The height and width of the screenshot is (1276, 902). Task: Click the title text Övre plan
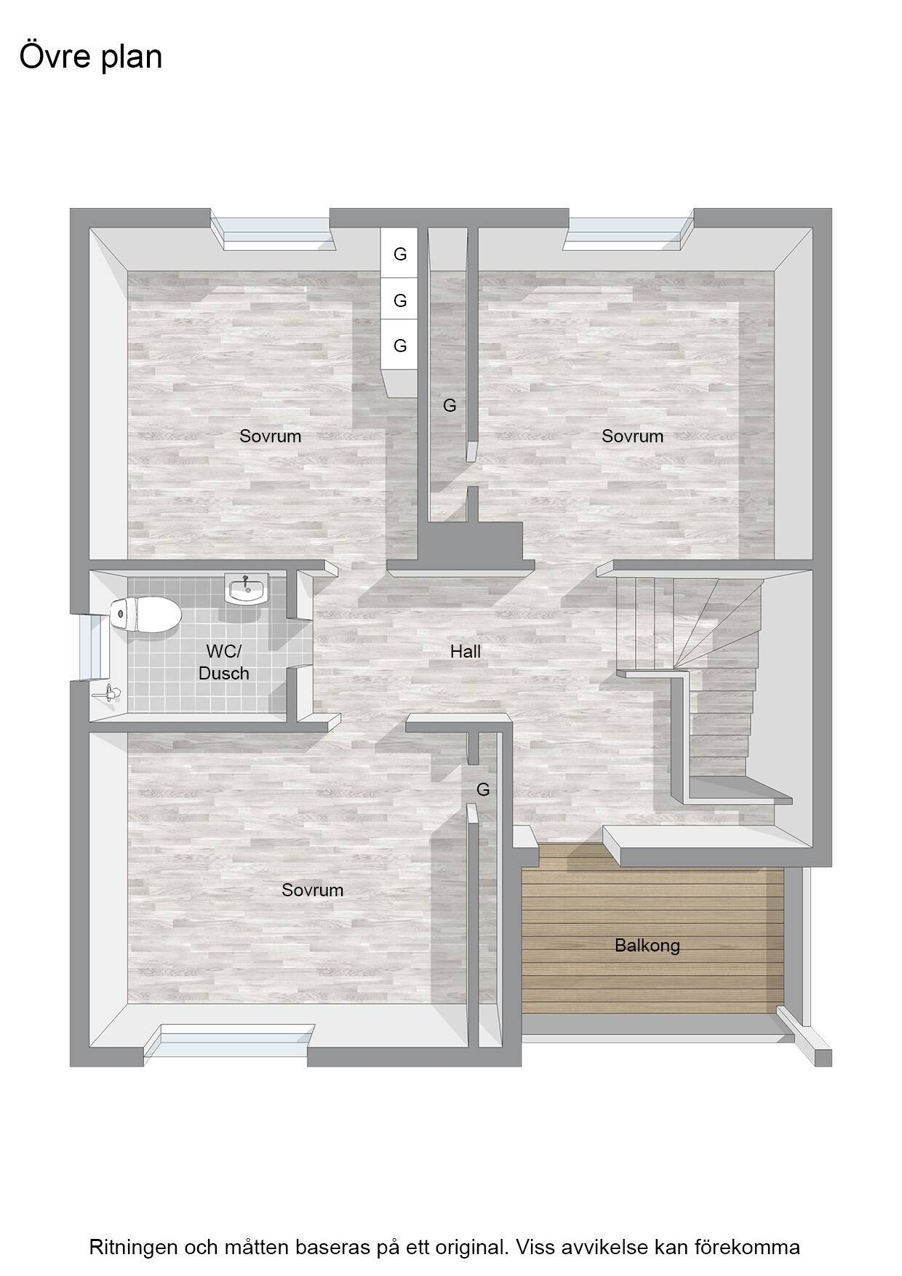tap(91, 57)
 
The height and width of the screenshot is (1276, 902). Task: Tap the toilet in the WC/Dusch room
tap(145, 615)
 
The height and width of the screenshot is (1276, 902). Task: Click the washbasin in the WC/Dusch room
tap(247, 589)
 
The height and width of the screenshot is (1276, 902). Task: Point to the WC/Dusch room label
tap(223, 662)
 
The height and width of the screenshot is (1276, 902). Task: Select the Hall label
tap(466, 651)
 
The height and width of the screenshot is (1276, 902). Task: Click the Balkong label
tap(647, 946)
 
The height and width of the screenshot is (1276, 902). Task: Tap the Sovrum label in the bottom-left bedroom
tap(313, 890)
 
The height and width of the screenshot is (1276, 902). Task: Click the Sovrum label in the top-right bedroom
tap(633, 436)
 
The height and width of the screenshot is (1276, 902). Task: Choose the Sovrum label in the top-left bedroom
tap(271, 436)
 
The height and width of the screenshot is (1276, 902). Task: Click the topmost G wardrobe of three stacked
tap(399, 254)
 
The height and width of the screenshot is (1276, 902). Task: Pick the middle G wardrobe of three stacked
tap(399, 300)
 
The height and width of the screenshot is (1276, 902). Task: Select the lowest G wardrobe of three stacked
tap(399, 346)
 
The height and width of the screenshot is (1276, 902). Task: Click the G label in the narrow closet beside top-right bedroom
tap(450, 405)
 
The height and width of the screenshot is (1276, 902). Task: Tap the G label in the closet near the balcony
tap(483, 789)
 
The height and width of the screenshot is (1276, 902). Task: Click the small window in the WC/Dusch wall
tap(92, 646)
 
